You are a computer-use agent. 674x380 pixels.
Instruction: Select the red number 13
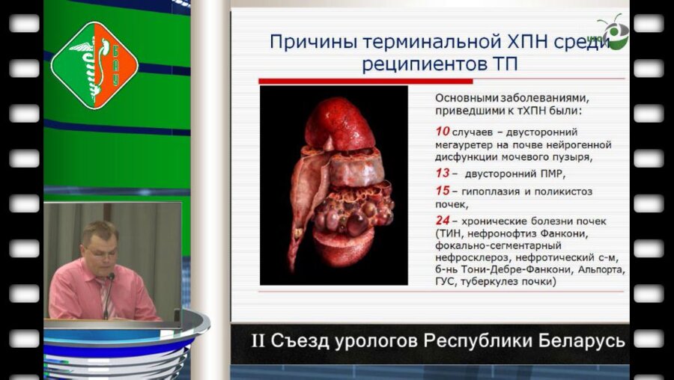pyautogui.click(x=442, y=173)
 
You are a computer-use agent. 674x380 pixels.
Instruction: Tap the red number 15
pyautogui.click(x=442, y=191)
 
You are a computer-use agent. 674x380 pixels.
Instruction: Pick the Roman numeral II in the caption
pyautogui.click(x=258, y=341)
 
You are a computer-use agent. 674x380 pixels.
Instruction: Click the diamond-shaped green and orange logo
pyautogui.click(x=94, y=64)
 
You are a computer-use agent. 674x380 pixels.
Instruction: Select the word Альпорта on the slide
pyautogui.click(x=601, y=268)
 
